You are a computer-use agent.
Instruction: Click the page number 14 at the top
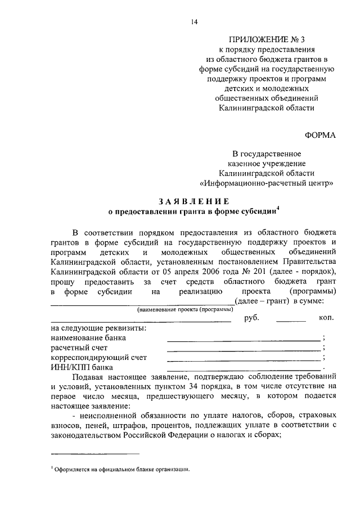point(193,22)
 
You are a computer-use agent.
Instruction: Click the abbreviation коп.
point(327,318)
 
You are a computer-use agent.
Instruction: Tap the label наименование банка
point(88,338)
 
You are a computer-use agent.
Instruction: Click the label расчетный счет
point(79,348)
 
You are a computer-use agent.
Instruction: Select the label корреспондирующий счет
point(98,358)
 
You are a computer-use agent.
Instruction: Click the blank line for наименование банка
point(243,340)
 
